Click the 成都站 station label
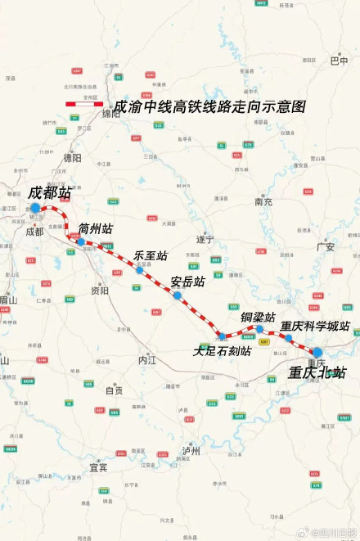[x=50, y=193]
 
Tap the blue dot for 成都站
[x=34, y=209]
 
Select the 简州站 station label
[x=96, y=228]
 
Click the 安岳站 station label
[x=187, y=282]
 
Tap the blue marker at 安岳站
[x=177, y=295]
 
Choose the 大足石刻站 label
[x=221, y=351]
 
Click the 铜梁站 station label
[x=258, y=317]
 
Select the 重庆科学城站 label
[x=315, y=326]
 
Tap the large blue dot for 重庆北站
[x=317, y=353]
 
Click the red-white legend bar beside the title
[x=86, y=103]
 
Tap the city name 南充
[x=263, y=201]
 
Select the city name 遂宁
[x=205, y=240]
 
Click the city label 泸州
[x=191, y=450]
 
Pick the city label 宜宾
[x=98, y=467]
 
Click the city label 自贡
[x=114, y=390]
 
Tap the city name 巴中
[x=339, y=61]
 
